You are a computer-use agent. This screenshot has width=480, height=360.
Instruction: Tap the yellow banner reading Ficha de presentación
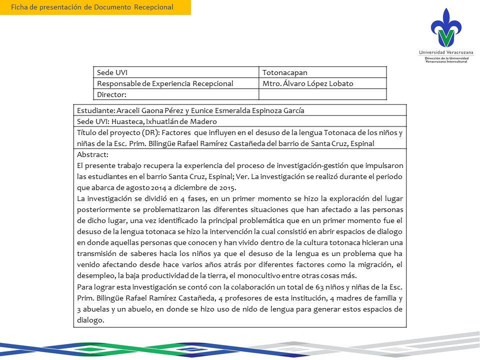tap(95, 7)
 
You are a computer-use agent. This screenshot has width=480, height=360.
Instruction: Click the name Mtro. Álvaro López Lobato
tap(307, 83)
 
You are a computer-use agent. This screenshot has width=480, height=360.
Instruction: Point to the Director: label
tap(111, 94)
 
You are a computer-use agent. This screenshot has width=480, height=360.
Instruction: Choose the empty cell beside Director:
tap(322, 94)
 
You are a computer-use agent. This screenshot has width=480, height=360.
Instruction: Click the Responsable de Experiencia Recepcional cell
tap(165, 83)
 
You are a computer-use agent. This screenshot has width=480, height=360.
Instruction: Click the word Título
tap(87, 132)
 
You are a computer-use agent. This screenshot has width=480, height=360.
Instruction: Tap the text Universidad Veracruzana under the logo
tap(446, 52)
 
